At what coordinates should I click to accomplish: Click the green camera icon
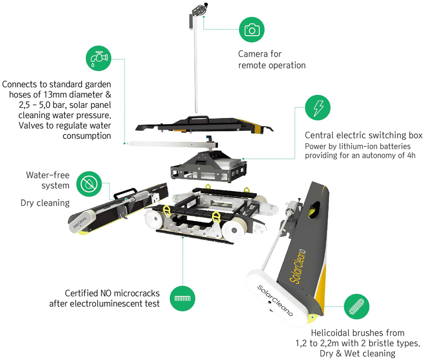pos(252,30)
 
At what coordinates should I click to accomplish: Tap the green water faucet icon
pos(99,58)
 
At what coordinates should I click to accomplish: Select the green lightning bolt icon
pos(318,107)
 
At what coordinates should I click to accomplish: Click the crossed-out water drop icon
pos(89,184)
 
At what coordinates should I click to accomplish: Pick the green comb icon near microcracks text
pos(183,299)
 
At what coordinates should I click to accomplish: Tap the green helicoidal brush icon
pos(357,306)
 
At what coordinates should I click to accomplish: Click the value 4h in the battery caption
pos(411,155)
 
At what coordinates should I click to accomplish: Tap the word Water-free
pos(48,175)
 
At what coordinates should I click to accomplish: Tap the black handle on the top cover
pos(199,119)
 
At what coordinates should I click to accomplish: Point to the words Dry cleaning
pos(45,203)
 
